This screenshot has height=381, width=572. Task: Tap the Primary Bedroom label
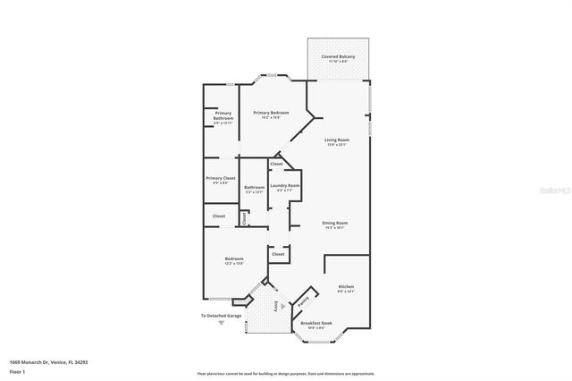[x=271, y=113]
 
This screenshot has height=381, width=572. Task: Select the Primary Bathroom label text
[x=223, y=116]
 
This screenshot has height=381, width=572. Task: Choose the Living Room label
[x=336, y=140]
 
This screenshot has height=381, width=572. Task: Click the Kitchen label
[x=346, y=286]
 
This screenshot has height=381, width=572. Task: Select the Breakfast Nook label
[x=317, y=323]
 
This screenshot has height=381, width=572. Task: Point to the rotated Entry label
[x=264, y=304]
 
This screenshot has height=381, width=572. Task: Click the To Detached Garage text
[x=221, y=316]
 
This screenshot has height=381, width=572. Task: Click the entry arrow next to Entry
[x=282, y=305]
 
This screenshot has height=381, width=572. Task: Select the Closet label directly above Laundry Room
[x=277, y=165]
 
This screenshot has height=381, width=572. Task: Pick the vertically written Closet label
[x=244, y=217]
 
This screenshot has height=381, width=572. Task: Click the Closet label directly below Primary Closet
[x=219, y=216]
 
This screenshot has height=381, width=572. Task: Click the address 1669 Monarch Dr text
[x=48, y=362]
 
